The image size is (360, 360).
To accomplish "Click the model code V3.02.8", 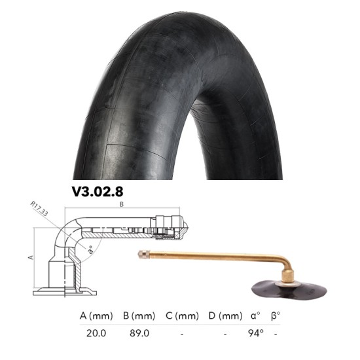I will pos(98,192).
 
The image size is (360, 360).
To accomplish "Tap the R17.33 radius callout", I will pos(41,213).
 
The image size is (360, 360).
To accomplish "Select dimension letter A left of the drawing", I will pos(30,257).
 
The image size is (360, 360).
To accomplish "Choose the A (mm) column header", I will pos(96,316).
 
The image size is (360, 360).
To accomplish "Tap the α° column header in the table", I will pos(255,316).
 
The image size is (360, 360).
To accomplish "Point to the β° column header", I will pos(276,316).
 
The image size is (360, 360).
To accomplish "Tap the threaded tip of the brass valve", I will pos(143,253).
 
